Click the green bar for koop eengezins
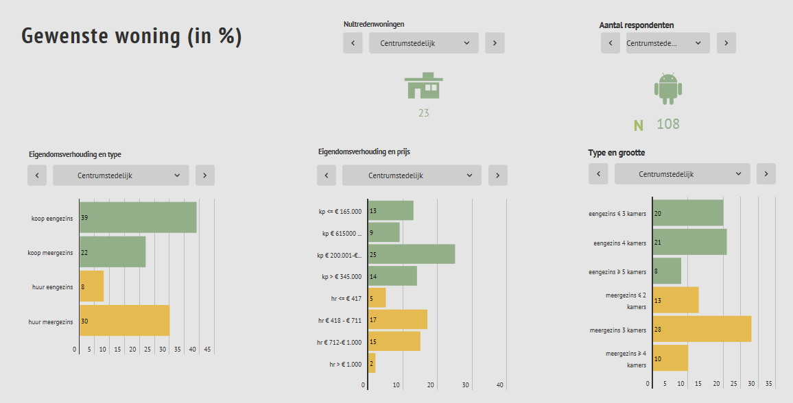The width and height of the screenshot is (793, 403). (x=138, y=217)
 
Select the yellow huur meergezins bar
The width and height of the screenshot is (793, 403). (x=124, y=321)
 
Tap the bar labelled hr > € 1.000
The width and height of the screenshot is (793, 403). (x=372, y=363)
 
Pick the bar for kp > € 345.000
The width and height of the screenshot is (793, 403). (x=392, y=276)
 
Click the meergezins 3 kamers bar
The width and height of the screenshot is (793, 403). (x=702, y=329)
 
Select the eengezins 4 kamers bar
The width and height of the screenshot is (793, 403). (x=689, y=242)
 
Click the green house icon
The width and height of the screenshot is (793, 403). (x=424, y=86)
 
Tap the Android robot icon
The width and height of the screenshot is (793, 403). (x=668, y=88)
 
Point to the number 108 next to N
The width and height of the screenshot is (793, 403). (x=668, y=124)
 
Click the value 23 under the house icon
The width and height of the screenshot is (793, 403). (x=424, y=113)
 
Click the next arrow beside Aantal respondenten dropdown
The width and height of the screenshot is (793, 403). (x=726, y=43)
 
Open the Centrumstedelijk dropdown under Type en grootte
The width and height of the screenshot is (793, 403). (x=682, y=174)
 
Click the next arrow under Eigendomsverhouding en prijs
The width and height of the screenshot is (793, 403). (x=498, y=175)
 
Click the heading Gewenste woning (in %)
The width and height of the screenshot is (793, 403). (x=132, y=36)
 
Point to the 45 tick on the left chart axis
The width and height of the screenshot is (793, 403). (x=208, y=350)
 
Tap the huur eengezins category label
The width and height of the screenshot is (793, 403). (x=52, y=286)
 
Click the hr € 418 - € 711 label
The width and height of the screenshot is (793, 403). (x=340, y=319)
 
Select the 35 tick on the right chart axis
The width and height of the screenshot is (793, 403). (x=769, y=384)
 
